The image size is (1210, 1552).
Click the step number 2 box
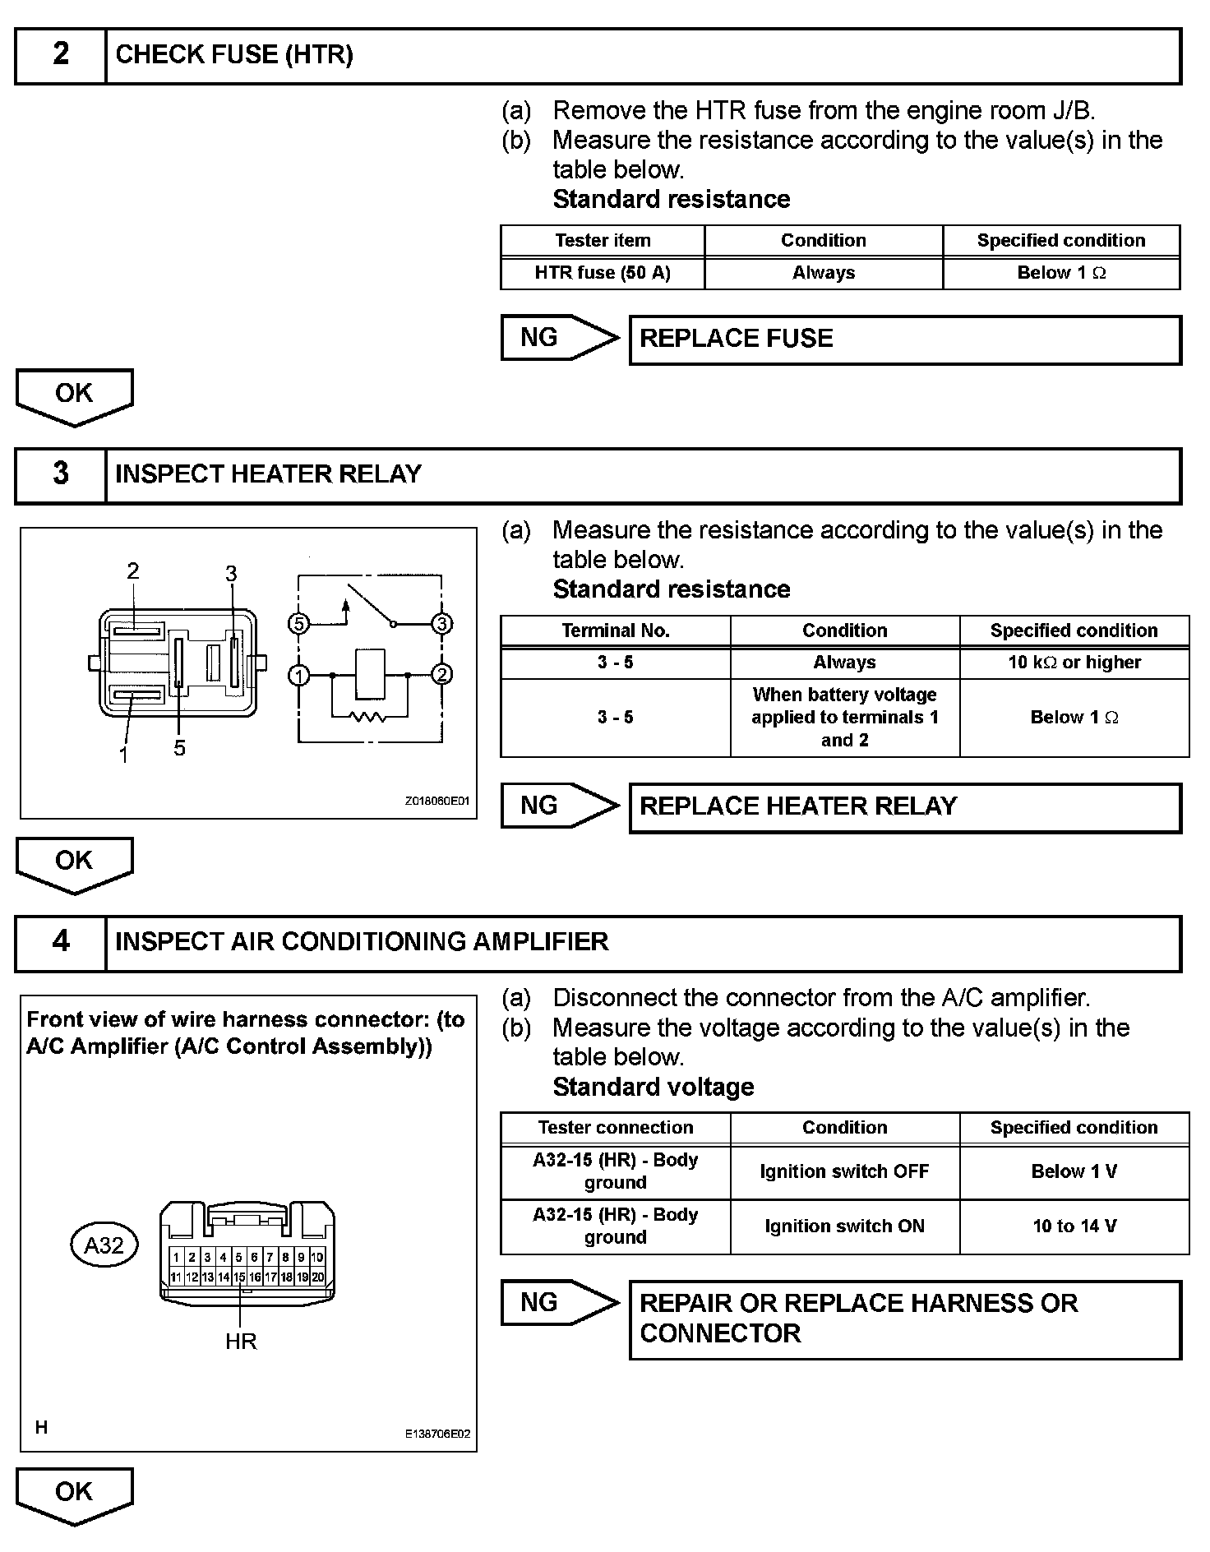61,55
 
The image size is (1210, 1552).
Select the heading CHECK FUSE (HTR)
234,55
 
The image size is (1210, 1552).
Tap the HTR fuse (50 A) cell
603,273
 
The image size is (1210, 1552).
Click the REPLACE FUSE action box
904,339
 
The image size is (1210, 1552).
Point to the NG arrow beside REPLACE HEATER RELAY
559,806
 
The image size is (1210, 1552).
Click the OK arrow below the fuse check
74,395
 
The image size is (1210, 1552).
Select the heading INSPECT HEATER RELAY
268,474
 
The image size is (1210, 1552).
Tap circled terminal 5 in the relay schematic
299,624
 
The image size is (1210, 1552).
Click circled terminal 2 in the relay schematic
442,675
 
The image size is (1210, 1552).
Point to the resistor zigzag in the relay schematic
367,717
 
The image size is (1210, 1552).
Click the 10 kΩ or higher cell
1074,663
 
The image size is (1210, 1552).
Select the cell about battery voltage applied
844,717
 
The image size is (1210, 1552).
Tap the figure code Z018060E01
437,801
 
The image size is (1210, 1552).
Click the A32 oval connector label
104,1245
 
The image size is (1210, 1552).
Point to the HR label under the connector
241,1342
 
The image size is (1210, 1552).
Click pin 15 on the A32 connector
239,1277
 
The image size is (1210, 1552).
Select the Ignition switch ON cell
844,1226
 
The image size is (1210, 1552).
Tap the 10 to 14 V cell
1074,1226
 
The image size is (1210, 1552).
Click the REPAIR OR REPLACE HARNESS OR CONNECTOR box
904,1319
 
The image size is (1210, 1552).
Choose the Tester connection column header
615,1128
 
